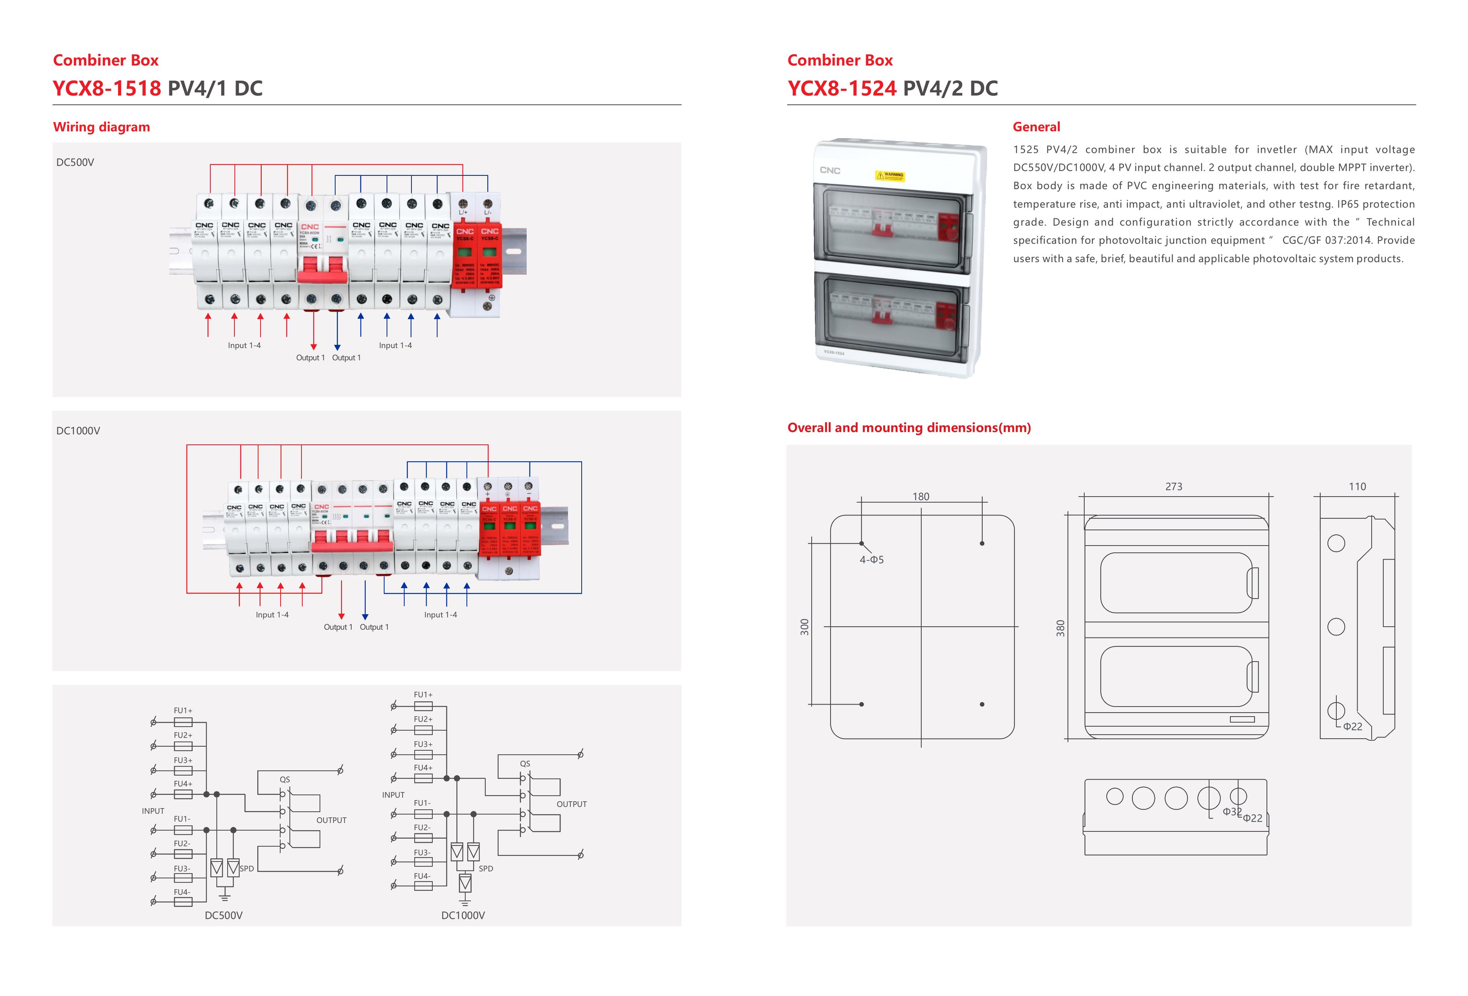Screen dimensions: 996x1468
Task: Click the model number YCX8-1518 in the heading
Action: (x=107, y=88)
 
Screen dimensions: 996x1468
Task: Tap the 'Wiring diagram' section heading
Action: (x=101, y=127)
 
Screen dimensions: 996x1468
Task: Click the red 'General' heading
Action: (x=1036, y=127)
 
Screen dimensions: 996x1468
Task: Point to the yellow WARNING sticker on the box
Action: (x=890, y=175)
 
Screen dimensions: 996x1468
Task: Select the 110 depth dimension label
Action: (x=1357, y=486)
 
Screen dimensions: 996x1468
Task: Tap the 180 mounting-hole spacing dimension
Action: (x=920, y=497)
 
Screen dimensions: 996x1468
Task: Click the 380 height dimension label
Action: (x=1061, y=628)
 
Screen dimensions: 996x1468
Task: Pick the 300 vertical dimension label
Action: (x=804, y=627)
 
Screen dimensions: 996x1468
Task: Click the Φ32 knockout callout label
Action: (x=1231, y=812)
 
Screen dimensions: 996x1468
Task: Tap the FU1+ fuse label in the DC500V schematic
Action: (x=183, y=711)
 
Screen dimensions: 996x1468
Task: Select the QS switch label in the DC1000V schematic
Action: (x=525, y=764)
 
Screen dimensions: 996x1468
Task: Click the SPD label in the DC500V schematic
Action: (x=247, y=868)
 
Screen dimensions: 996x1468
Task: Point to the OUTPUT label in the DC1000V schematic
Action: (x=571, y=804)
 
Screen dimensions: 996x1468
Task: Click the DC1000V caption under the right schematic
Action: (x=462, y=915)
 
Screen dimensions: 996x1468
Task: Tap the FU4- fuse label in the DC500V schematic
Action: (x=182, y=892)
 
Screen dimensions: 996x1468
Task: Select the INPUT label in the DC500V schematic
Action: (x=153, y=811)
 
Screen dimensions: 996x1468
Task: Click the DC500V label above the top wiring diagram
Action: (x=75, y=162)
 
